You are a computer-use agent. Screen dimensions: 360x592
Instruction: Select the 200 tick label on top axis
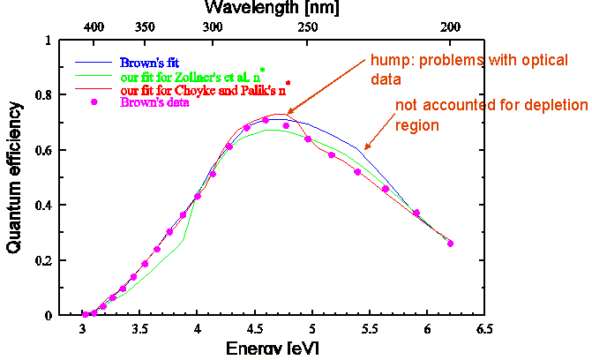click(451, 27)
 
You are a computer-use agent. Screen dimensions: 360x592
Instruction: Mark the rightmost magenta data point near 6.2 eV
click(451, 244)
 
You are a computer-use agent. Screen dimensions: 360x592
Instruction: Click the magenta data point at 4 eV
click(198, 196)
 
